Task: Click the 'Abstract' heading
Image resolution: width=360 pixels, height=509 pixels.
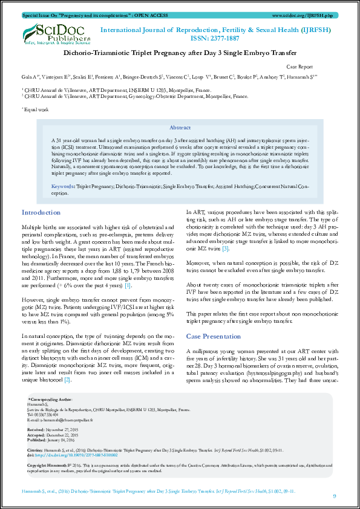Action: pyautogui.click(x=180, y=128)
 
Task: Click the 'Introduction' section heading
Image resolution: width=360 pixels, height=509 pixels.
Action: pyautogui.click(x=41, y=213)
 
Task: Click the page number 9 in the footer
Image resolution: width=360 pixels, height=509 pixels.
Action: pyautogui.click(x=335, y=496)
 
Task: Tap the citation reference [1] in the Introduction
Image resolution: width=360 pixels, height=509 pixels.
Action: pyautogui.click(x=127, y=285)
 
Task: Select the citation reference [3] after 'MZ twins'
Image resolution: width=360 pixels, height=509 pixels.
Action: pyautogui.click(x=225, y=265)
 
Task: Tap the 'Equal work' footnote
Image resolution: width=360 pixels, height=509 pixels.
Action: pyautogui.click(x=35, y=109)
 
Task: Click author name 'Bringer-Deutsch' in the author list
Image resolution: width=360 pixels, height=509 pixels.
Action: pyautogui.click(x=143, y=77)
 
